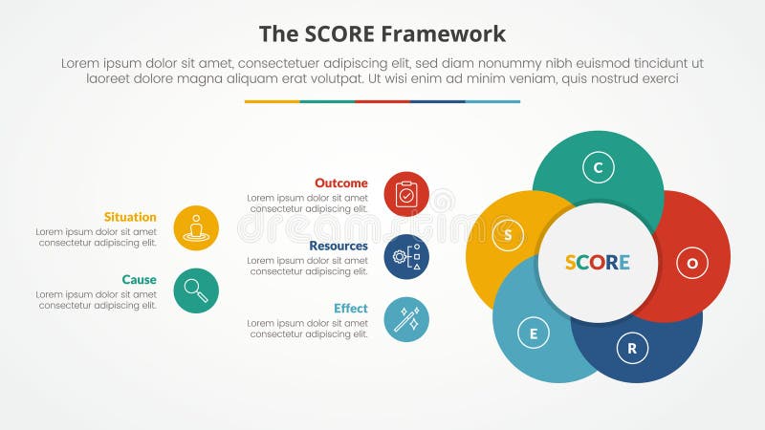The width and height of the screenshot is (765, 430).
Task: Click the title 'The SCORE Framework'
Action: click(382, 33)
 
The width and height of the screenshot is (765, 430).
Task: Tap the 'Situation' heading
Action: click(131, 217)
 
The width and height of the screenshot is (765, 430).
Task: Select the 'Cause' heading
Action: click(139, 280)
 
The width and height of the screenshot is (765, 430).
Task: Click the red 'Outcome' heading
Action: click(340, 183)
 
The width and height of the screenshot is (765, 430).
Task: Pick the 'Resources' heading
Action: click(338, 246)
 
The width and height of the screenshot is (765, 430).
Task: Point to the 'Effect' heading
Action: click(350, 309)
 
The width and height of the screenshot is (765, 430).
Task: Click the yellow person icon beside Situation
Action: click(196, 228)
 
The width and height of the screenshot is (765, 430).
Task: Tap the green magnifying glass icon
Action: click(196, 290)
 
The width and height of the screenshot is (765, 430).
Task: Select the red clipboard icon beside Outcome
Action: click(406, 194)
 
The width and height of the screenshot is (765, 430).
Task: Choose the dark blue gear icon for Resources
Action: click(406, 257)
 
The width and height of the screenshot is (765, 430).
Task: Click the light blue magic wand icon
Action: click(406, 320)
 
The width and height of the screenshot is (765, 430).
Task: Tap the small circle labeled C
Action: click(598, 168)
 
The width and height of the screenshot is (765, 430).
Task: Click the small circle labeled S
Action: click(508, 233)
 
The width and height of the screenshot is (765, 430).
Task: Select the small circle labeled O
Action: click(692, 262)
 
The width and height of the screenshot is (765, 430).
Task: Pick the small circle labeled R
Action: click(631, 348)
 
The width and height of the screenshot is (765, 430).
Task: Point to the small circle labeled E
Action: click(534, 333)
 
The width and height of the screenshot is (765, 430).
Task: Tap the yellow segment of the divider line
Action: click(273, 101)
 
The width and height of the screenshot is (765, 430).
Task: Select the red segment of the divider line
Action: click(382, 101)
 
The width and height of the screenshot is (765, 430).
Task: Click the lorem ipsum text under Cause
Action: click(97, 300)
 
